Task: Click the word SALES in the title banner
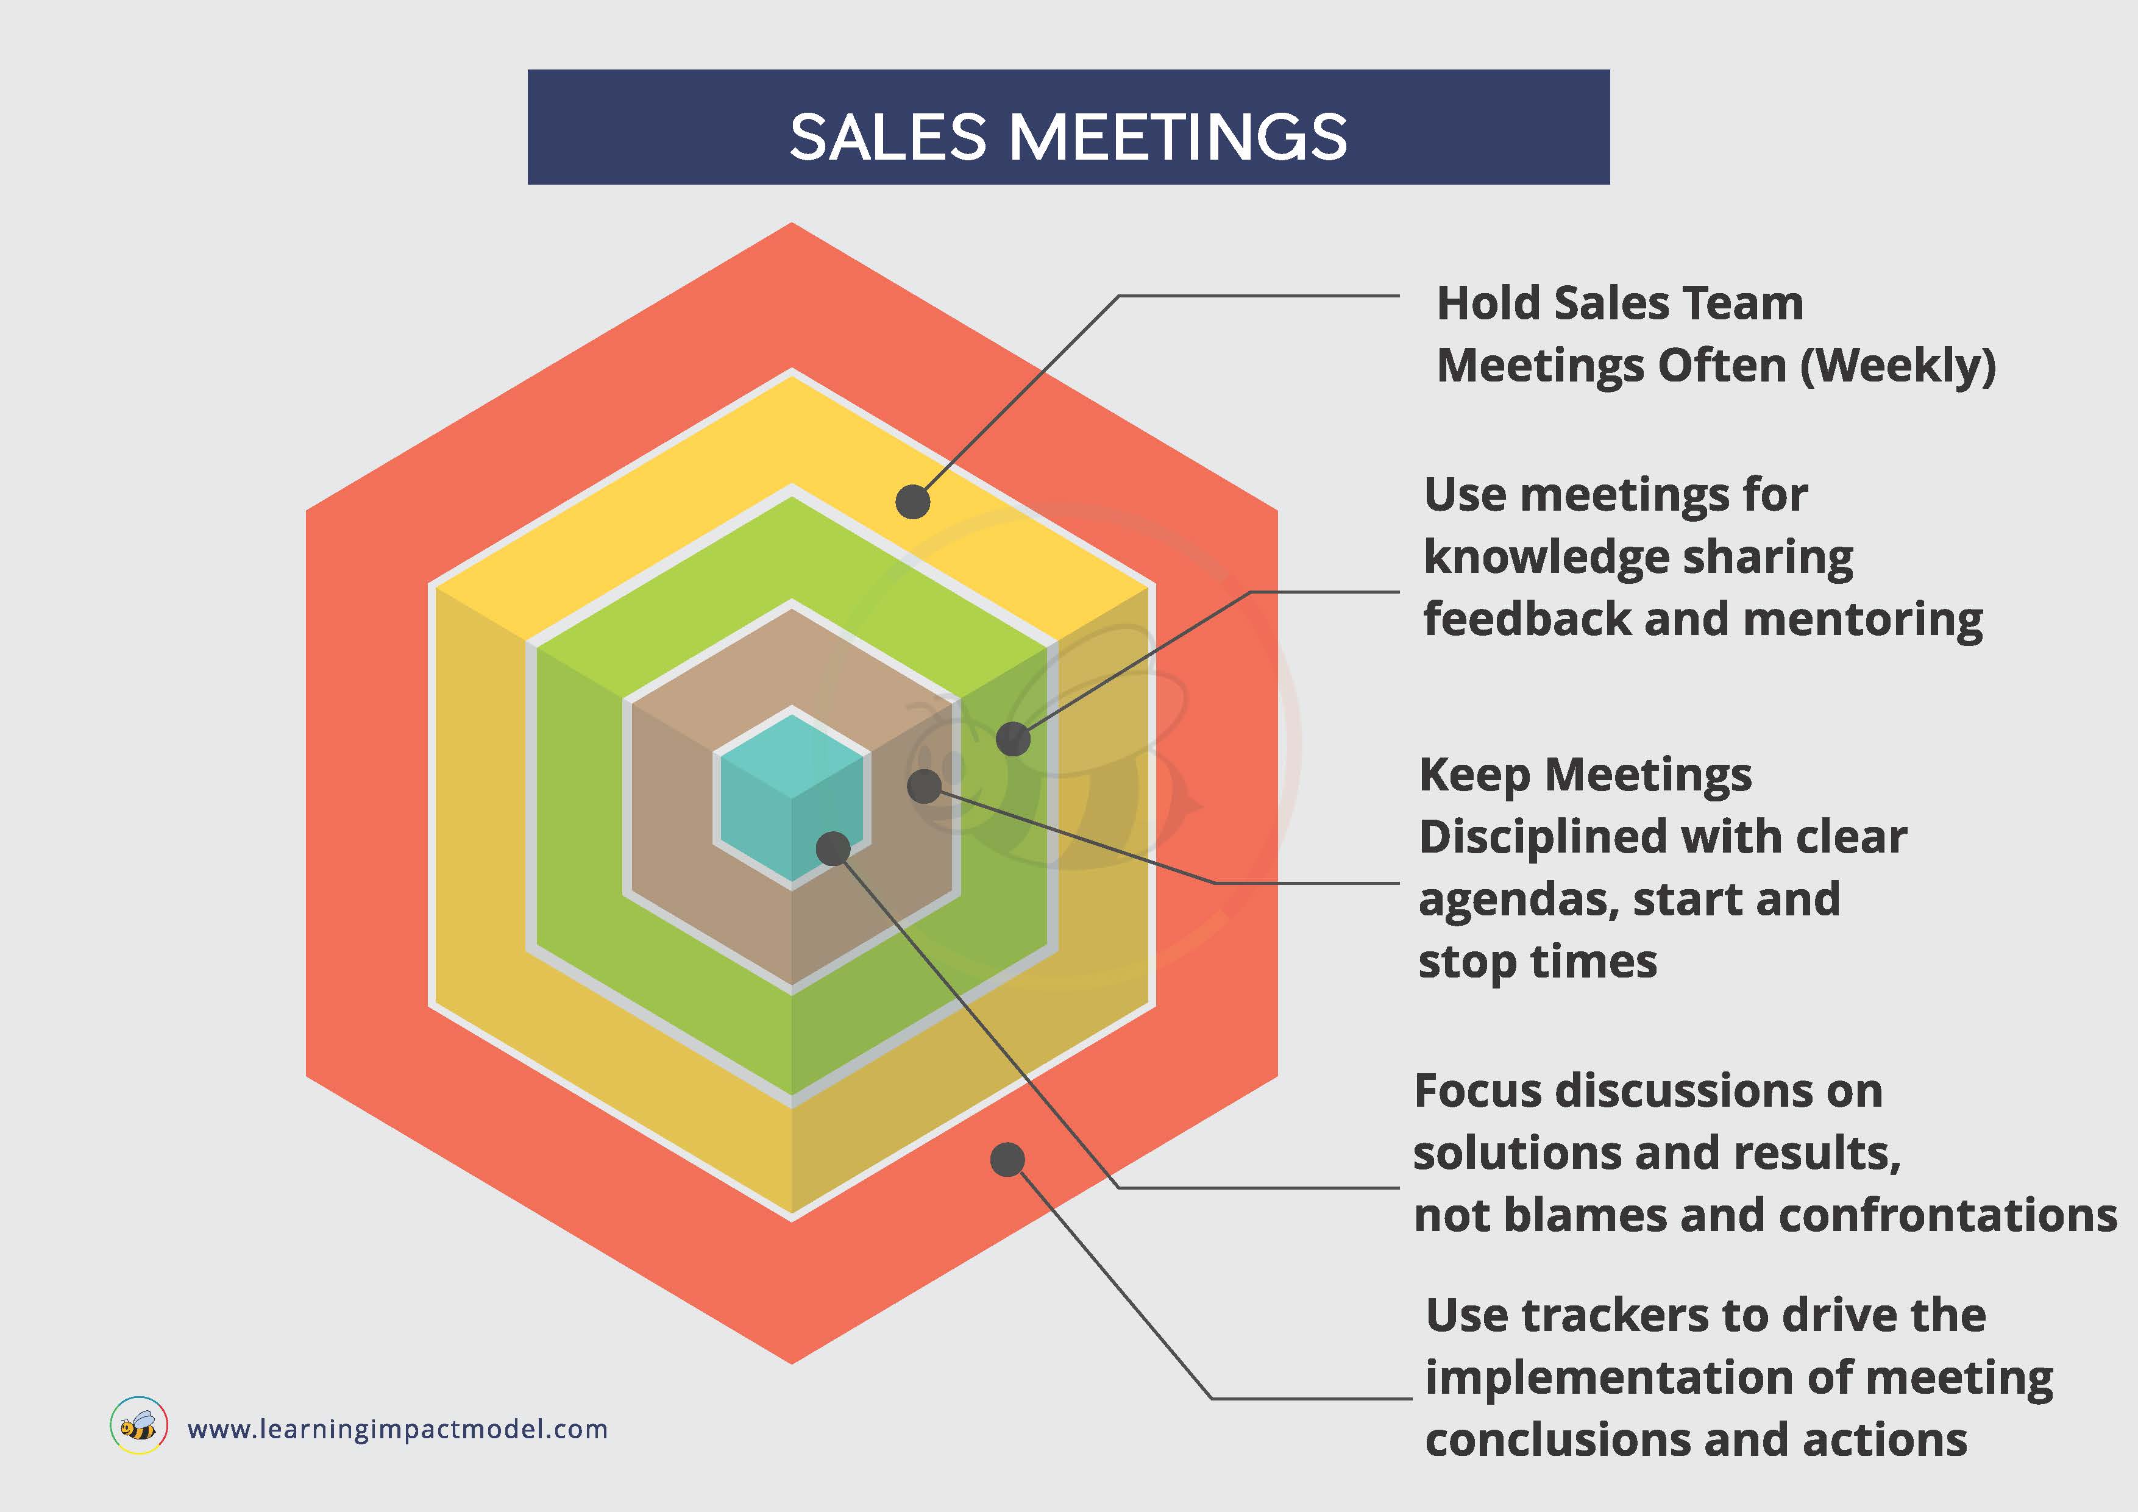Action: point(887,137)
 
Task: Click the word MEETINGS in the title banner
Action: point(1178,137)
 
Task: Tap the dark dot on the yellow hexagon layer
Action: point(912,502)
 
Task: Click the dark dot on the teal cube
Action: point(833,848)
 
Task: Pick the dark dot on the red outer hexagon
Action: point(1007,1159)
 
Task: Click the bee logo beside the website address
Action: point(139,1425)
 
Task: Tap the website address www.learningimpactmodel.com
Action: point(397,1429)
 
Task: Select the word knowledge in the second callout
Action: point(1544,558)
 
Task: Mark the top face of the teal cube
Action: point(792,756)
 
